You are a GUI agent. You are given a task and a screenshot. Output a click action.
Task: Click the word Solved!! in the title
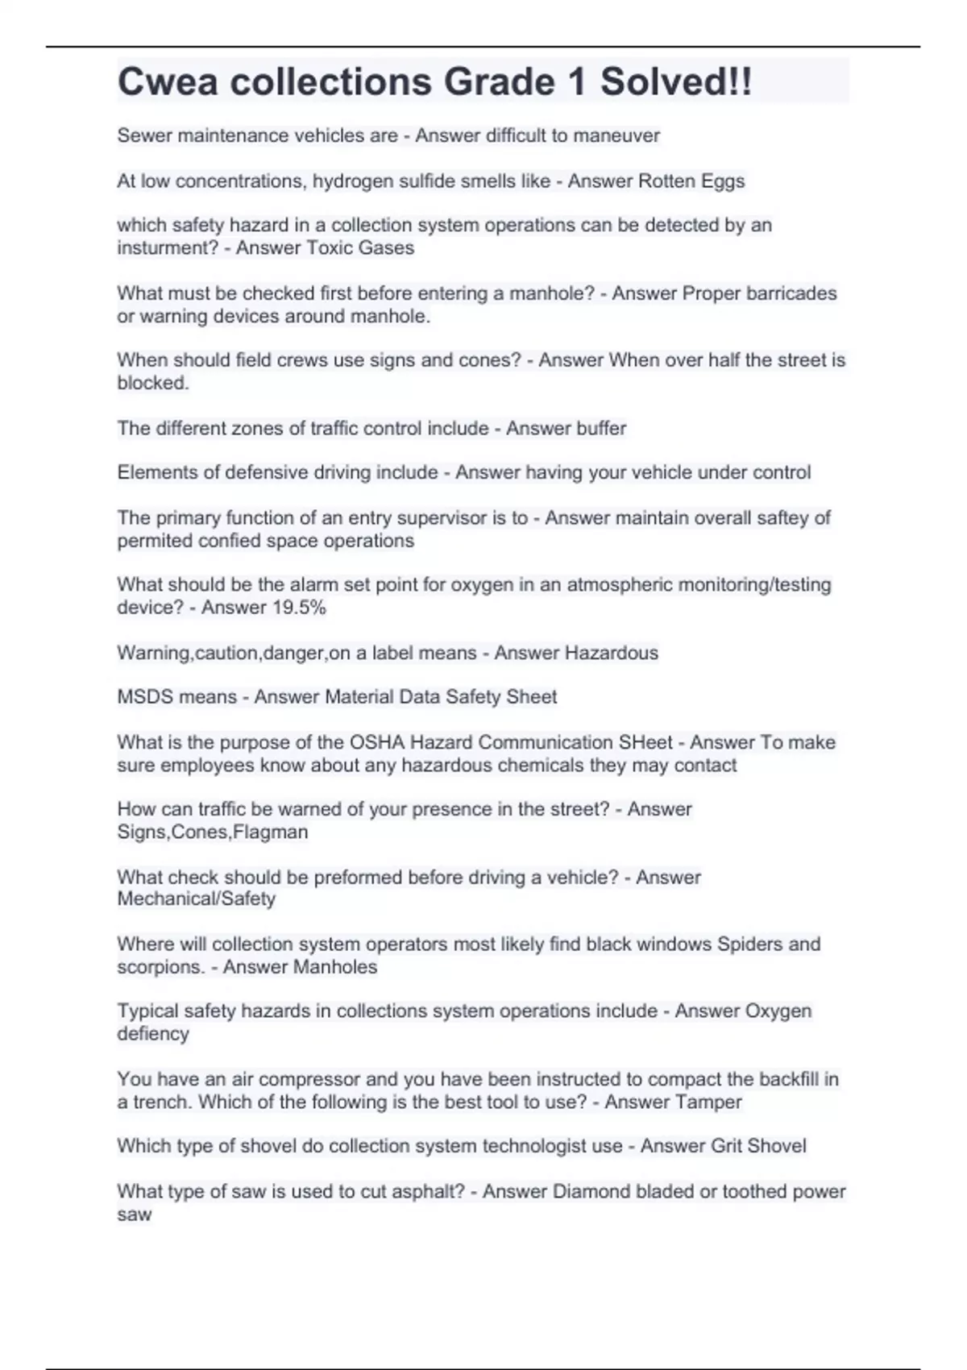[675, 82]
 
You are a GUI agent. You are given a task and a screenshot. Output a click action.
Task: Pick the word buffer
[597, 429]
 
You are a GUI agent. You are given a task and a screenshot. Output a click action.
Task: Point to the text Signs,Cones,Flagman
[213, 832]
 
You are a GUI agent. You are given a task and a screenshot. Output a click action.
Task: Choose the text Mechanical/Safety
[197, 899]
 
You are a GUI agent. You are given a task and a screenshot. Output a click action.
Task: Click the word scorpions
[160, 967]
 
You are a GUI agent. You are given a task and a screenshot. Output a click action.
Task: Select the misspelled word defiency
[153, 1034]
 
